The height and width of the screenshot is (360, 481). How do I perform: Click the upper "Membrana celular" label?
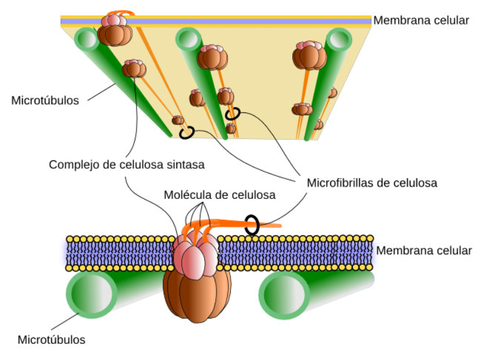[x=420, y=20]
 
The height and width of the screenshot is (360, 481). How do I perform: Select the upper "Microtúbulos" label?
[x=45, y=100]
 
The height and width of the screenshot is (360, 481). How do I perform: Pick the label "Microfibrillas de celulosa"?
[x=372, y=182]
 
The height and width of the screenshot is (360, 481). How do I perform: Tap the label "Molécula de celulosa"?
[x=219, y=195]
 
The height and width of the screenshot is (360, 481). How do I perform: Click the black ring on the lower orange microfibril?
[x=252, y=225]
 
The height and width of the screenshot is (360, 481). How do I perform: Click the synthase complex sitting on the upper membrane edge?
[x=114, y=28]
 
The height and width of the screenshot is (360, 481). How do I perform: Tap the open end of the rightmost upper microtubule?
[x=339, y=40]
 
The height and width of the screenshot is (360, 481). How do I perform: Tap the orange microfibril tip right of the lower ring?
[x=278, y=225]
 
